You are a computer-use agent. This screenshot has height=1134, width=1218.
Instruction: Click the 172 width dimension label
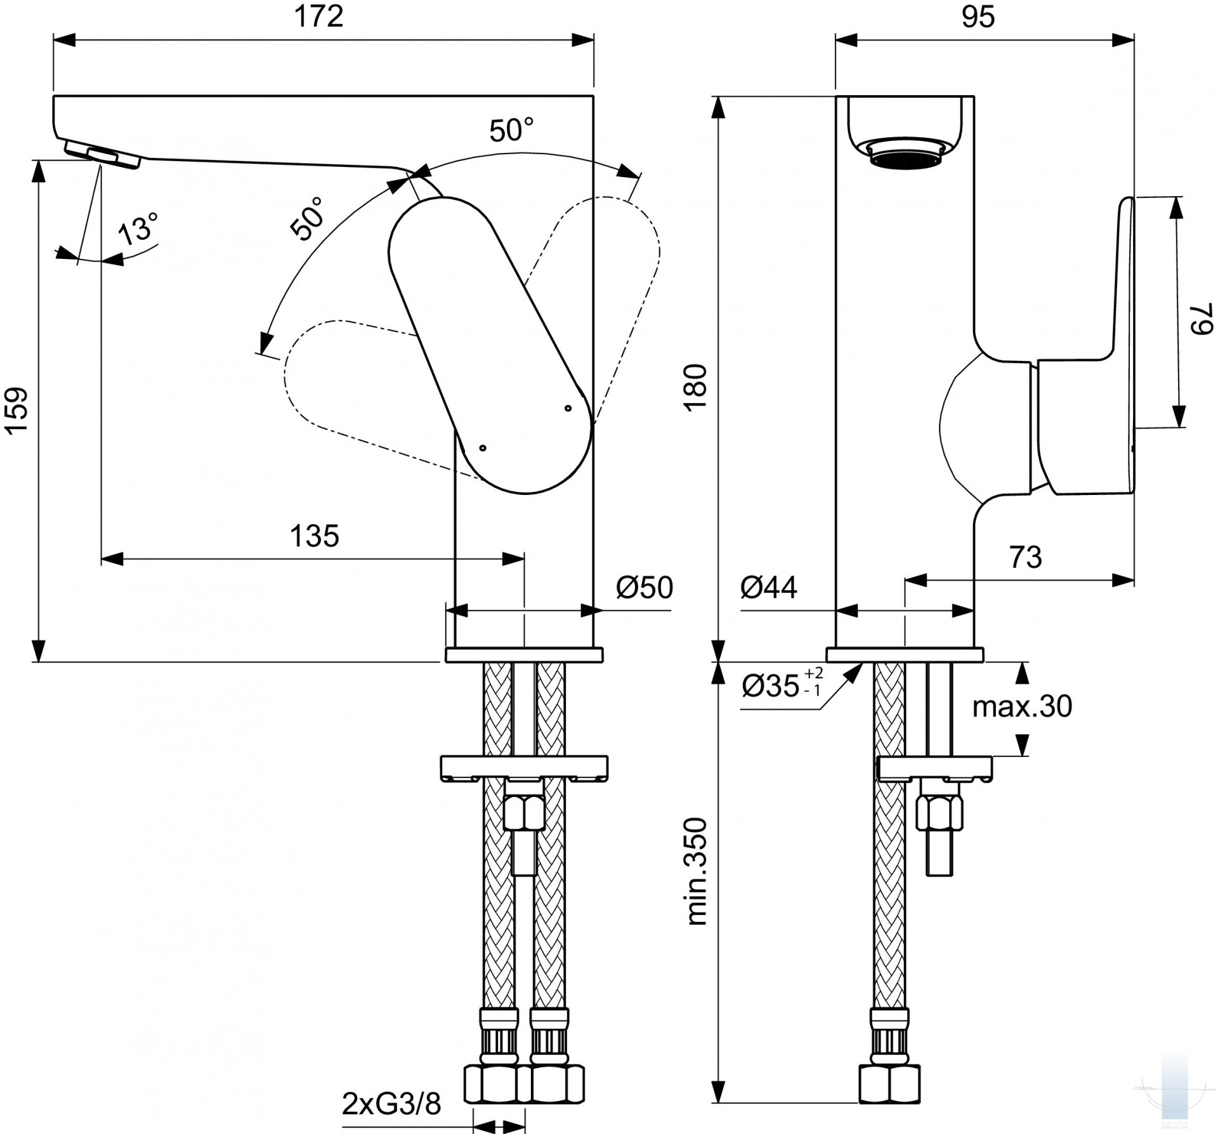pyautogui.click(x=318, y=16)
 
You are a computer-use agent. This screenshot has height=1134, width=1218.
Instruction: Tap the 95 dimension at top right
pyautogui.click(x=978, y=16)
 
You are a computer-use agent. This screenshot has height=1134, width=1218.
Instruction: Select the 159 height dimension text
pyautogui.click(x=17, y=411)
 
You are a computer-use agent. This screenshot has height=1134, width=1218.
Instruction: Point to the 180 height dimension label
pyautogui.click(x=697, y=388)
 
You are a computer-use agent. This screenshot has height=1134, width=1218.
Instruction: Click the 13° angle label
pyautogui.click(x=139, y=228)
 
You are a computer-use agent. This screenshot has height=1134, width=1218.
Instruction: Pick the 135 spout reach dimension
pyautogui.click(x=315, y=536)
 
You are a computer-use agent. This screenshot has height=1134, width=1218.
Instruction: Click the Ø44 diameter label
pyautogui.click(x=768, y=588)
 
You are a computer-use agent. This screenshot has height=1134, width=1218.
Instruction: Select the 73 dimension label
pyautogui.click(x=1026, y=557)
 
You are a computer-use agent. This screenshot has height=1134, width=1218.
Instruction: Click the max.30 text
pyautogui.click(x=1022, y=706)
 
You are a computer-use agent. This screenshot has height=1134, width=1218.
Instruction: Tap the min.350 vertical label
pyautogui.click(x=697, y=871)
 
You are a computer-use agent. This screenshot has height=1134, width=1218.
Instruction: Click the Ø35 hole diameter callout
pyautogui.click(x=782, y=686)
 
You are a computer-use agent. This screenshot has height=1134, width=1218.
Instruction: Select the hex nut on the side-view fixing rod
pyautogui.click(x=940, y=813)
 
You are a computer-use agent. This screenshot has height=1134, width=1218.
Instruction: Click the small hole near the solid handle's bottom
pyautogui.click(x=483, y=447)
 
